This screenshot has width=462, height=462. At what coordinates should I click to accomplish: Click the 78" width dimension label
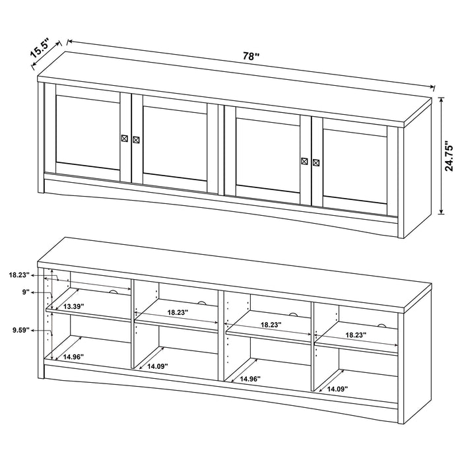coord(249,57)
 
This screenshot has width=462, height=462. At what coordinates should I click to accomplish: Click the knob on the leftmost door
coord(124,138)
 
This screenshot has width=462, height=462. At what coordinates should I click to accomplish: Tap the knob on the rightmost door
coord(315,162)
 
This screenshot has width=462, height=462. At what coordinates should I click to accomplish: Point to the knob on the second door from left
coord(136,139)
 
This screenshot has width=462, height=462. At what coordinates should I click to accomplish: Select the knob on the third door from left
coord(304,161)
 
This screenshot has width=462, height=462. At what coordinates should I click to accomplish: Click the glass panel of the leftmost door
coord(87,132)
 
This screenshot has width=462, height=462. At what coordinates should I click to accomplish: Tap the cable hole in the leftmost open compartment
coord(113,292)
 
